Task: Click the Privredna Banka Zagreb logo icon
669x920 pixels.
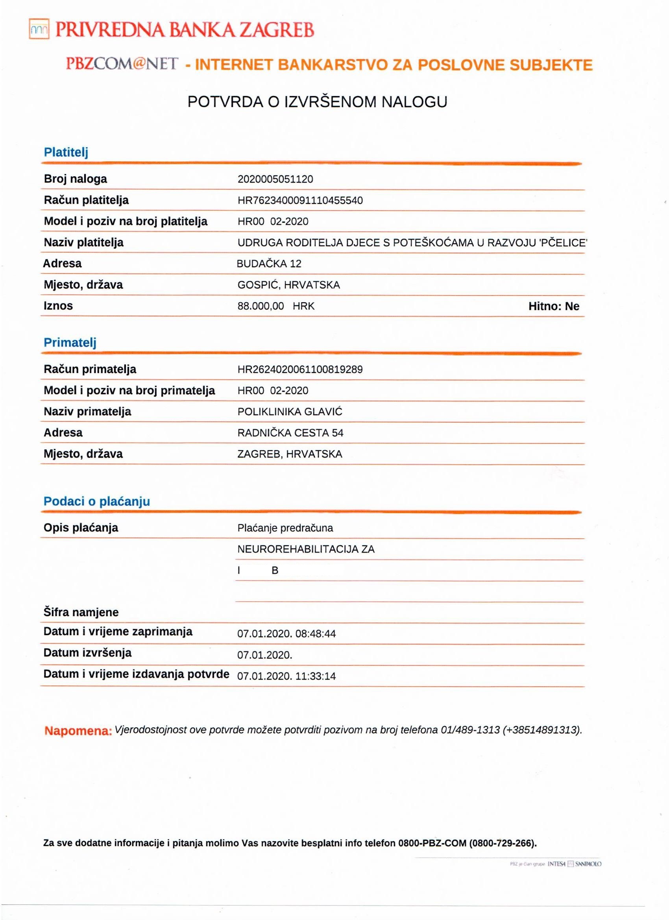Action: (39, 29)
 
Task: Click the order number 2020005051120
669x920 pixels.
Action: (275, 179)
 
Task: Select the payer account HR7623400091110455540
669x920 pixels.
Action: (300, 200)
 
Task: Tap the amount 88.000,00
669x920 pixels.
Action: (261, 306)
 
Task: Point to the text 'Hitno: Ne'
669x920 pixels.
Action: (553, 306)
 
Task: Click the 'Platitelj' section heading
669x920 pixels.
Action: (66, 153)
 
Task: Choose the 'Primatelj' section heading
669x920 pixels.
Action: (70, 343)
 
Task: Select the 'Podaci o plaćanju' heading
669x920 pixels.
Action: (96, 501)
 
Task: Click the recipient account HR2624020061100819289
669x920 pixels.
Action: (300, 369)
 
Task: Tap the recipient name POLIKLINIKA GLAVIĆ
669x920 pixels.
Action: (290, 412)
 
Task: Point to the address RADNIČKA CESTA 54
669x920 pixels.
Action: (290, 433)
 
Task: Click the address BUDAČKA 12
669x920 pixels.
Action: (269, 264)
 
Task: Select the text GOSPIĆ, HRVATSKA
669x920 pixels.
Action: (288, 285)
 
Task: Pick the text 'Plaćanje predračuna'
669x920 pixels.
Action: (285, 528)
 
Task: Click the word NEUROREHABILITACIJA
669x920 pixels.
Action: (298, 549)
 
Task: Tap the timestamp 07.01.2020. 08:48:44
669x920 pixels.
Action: (286, 634)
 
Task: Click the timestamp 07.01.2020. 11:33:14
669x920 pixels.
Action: (286, 676)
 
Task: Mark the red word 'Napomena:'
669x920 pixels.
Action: (78, 731)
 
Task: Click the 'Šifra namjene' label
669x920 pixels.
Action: (81, 612)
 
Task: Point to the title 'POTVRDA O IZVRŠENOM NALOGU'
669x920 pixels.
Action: (317, 102)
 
